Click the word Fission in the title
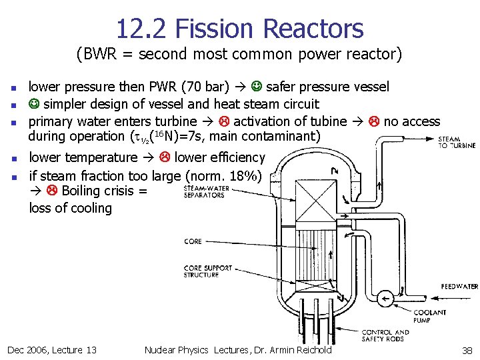(x=211, y=29)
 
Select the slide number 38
(x=467, y=350)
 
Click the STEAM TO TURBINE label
(x=457, y=142)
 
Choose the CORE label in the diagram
(x=193, y=241)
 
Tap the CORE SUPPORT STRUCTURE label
(x=207, y=271)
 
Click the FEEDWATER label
(x=459, y=287)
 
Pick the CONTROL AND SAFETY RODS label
(x=385, y=335)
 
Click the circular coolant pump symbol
(x=385, y=299)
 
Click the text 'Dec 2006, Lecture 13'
(x=51, y=350)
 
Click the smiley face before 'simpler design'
(x=34, y=104)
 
